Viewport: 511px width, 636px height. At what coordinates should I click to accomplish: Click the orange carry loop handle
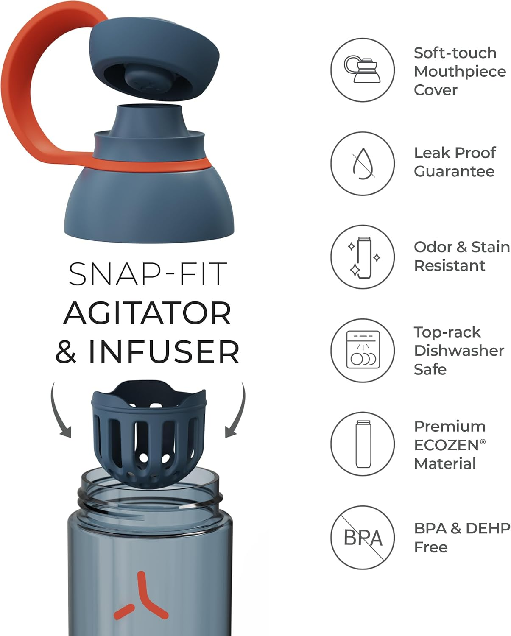click(18, 89)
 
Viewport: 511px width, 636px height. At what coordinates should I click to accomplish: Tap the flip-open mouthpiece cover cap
click(154, 61)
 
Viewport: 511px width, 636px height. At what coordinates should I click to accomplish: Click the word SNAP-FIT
click(148, 274)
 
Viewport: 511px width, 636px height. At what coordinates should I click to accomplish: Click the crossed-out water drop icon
click(363, 163)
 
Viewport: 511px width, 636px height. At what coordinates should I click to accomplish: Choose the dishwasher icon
click(363, 350)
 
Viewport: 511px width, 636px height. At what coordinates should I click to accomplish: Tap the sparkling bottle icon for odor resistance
click(363, 257)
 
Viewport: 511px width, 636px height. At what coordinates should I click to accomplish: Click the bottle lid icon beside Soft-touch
click(362, 70)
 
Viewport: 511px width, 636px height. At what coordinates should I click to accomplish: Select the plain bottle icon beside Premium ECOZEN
click(363, 444)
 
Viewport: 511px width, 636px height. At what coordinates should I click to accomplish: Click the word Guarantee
click(454, 171)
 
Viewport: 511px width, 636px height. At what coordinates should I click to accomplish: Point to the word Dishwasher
click(459, 351)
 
